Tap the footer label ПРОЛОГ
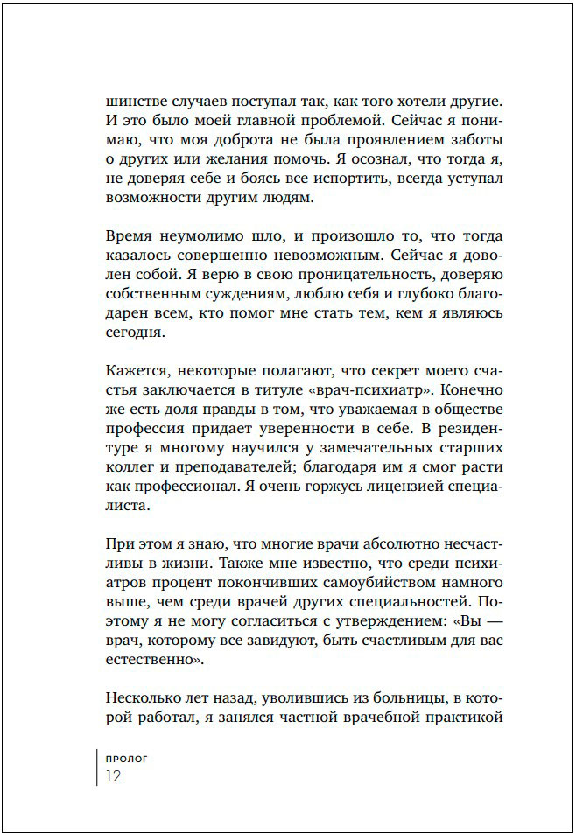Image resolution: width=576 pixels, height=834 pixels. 126,759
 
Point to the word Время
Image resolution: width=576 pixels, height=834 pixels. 128,236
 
